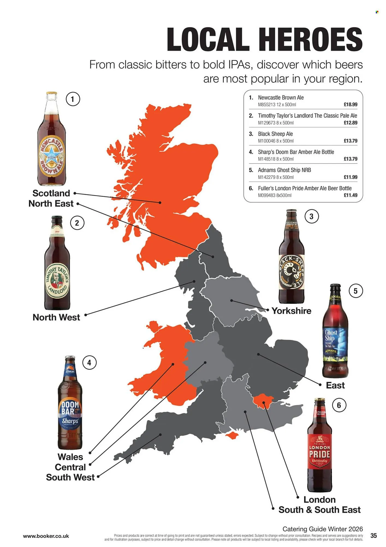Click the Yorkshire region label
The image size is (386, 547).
pyautogui.click(x=291, y=311)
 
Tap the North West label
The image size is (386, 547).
pyautogui.click(x=56, y=317)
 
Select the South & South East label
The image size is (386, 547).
pyautogui.click(x=319, y=510)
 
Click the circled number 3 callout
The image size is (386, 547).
pyautogui.click(x=311, y=216)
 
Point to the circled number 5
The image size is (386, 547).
pyautogui.click(x=355, y=291)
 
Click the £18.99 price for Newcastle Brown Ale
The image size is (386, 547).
pyautogui.click(x=350, y=104)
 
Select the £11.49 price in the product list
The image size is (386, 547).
pyautogui.click(x=350, y=195)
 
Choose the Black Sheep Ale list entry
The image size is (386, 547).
pyautogui.click(x=275, y=134)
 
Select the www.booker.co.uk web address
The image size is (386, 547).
pyautogui.click(x=46, y=536)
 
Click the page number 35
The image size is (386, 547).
pyautogui.click(x=373, y=536)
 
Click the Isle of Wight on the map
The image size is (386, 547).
pyautogui.click(x=232, y=435)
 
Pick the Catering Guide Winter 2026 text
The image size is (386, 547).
pyautogui.click(x=322, y=529)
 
